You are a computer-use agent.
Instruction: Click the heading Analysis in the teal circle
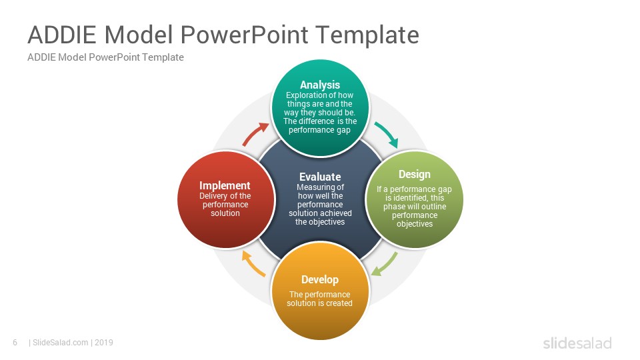point(320,85)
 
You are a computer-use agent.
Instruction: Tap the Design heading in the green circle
point(414,175)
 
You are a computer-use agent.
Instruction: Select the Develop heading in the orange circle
point(320,280)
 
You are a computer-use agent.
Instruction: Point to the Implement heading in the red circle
point(225,186)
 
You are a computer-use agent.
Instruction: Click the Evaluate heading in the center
point(320,177)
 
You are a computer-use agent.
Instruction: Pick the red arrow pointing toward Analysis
point(254,133)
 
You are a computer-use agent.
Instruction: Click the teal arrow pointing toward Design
point(387,133)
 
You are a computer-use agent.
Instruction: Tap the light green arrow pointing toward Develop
point(385,265)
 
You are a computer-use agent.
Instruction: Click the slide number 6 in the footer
point(15,343)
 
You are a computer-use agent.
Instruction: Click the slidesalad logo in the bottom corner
point(577,343)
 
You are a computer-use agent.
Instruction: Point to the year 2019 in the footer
point(104,343)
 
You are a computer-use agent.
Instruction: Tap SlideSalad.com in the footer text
point(61,343)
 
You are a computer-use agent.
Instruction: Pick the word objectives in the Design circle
point(414,224)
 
